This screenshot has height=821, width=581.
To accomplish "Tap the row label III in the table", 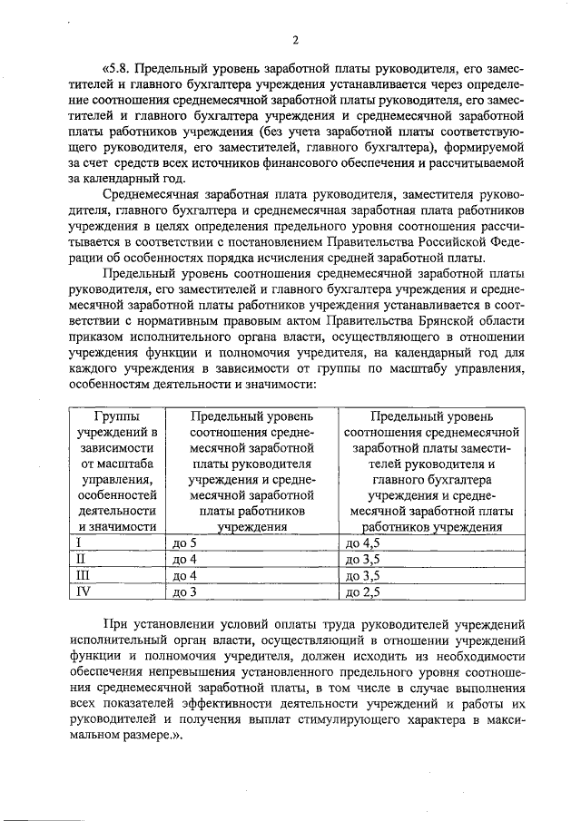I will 84,576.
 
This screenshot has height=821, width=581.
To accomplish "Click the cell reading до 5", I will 184,543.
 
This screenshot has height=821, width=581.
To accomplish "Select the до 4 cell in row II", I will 184,560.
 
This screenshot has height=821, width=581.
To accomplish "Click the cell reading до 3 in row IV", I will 184,592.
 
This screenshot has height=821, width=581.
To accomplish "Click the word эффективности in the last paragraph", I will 260,707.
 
